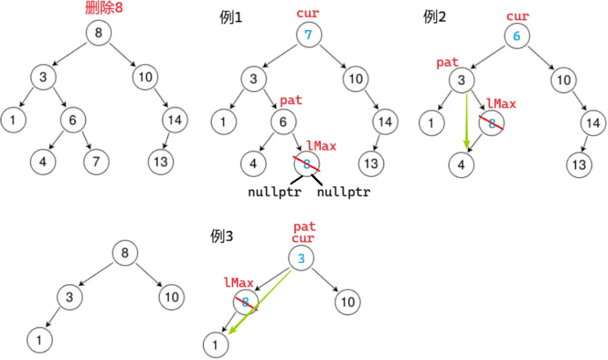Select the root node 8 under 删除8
(x=98, y=34)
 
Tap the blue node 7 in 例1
(x=309, y=35)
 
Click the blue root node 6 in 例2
(x=516, y=36)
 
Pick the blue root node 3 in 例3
(x=301, y=259)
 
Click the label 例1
(x=231, y=18)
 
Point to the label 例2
(x=435, y=17)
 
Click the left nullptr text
(x=272, y=193)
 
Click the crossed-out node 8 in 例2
(x=492, y=123)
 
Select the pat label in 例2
(x=448, y=62)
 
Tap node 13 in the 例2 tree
(x=579, y=165)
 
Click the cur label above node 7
(x=309, y=12)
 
